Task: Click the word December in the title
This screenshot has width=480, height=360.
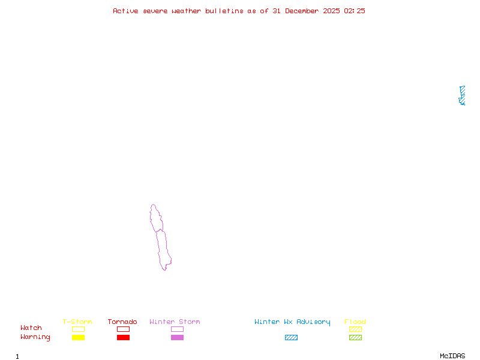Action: coord(305,11)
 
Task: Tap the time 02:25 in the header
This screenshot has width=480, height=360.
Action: coord(355,11)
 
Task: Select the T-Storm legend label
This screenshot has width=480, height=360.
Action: coord(77,322)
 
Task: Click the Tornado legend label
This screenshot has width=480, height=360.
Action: coord(122,322)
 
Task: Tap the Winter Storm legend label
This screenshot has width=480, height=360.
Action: coord(175,322)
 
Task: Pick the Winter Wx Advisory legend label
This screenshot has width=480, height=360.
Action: coord(292,322)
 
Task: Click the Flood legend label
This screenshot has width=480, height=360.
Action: coord(355,322)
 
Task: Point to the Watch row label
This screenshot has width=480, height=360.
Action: coord(31,328)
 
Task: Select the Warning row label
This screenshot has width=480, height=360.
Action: coord(35,337)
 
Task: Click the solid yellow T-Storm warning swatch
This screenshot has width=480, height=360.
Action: coord(78,338)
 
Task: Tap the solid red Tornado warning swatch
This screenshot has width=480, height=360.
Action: coord(123,338)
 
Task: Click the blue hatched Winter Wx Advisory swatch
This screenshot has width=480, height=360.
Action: coord(291,338)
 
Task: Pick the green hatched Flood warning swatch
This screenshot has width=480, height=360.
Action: coord(355,338)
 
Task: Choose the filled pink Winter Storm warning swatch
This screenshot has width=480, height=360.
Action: coord(177,338)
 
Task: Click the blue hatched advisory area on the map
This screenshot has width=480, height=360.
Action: coord(462,95)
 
